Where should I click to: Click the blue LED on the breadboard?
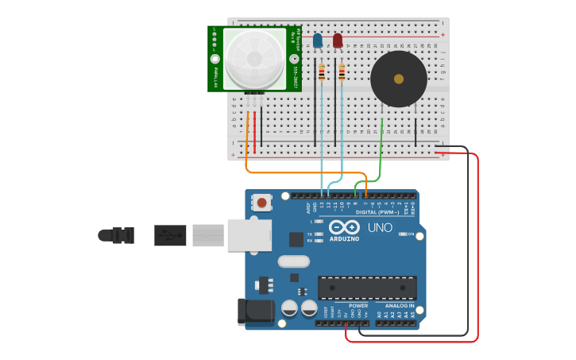(x=318, y=40)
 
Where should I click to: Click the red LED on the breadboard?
(x=338, y=40)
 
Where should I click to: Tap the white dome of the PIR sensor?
(x=254, y=59)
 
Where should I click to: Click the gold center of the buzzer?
(x=398, y=79)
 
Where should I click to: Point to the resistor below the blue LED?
(x=322, y=73)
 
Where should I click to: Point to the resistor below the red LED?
(x=342, y=73)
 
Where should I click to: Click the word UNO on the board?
(x=380, y=228)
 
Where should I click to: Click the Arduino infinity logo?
(x=344, y=226)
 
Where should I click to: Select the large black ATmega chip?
(x=367, y=288)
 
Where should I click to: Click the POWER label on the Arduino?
(x=358, y=305)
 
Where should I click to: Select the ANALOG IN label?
(x=399, y=305)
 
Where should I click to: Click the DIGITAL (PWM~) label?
(x=377, y=212)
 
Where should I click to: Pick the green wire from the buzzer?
(x=381, y=151)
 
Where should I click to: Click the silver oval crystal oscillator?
(x=293, y=261)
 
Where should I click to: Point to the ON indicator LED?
(x=404, y=234)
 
